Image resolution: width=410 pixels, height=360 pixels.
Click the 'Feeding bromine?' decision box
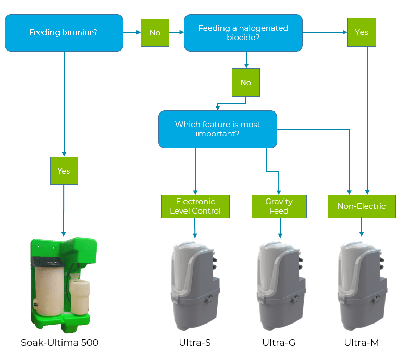click(x=64, y=33)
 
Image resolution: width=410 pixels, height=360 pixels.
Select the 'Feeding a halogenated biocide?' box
click(x=243, y=33)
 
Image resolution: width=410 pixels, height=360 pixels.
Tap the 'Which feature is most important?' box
click(x=217, y=130)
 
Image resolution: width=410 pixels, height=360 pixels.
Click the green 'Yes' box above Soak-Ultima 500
click(x=64, y=171)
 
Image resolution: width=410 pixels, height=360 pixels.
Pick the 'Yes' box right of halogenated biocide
click(x=361, y=32)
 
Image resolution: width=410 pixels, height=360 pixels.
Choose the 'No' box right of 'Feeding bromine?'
click(x=155, y=33)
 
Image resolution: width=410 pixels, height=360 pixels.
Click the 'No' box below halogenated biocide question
click(x=245, y=83)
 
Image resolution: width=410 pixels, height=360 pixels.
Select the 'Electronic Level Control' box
click(x=195, y=206)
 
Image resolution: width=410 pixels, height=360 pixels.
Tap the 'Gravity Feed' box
click(x=279, y=206)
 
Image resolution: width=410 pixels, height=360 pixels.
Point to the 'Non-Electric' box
click(x=361, y=206)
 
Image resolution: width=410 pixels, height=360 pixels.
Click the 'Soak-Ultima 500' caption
click(x=59, y=342)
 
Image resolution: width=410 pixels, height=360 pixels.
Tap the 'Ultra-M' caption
click(x=361, y=342)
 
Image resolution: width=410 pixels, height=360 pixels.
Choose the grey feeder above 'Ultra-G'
click(x=280, y=284)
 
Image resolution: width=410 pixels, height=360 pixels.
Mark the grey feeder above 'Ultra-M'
click(x=362, y=284)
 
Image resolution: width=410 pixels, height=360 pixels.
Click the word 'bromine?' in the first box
click(x=80, y=33)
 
